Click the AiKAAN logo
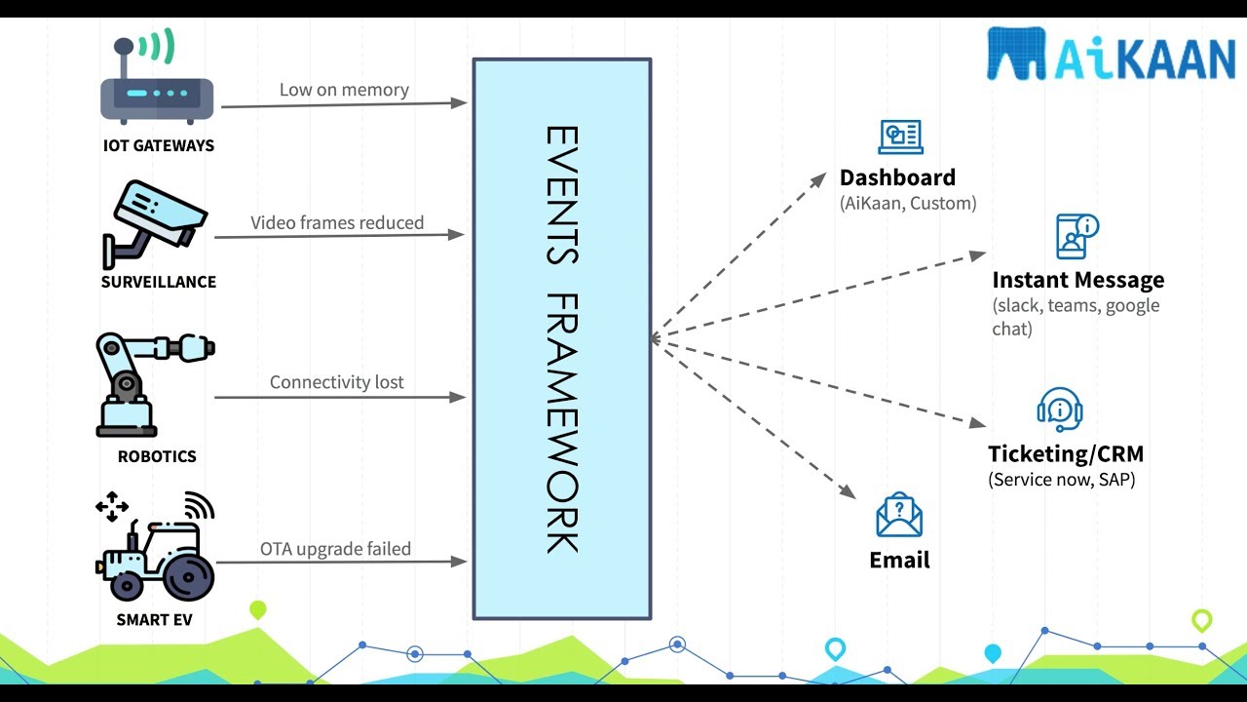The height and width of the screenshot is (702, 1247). (x=1111, y=55)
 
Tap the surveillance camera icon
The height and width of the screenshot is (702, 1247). (x=156, y=223)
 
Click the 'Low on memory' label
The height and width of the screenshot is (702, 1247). (x=344, y=90)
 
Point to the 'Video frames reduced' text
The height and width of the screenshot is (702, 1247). (x=337, y=222)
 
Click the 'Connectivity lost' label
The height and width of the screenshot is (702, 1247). (x=336, y=382)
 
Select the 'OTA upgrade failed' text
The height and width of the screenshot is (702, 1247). (x=335, y=549)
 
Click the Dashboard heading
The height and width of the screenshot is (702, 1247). (x=897, y=177)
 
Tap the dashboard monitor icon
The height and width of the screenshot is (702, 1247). (x=900, y=137)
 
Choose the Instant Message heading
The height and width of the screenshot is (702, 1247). (x=1077, y=280)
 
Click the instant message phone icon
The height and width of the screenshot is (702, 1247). (x=1077, y=236)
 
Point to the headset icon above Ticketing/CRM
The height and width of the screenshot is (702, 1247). (x=1060, y=409)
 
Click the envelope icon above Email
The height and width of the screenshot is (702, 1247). (x=898, y=516)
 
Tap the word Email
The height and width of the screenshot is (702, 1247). (x=899, y=561)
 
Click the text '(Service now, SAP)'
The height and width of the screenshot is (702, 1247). (x=1061, y=480)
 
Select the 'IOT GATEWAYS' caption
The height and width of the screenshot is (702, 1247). (x=158, y=145)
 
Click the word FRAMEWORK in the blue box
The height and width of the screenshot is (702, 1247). (x=561, y=423)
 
